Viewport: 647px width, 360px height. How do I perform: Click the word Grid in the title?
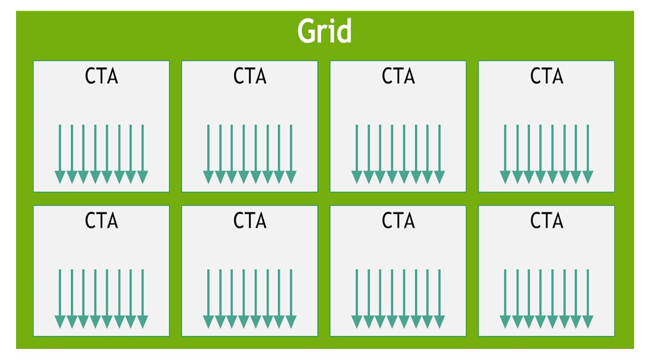click(x=324, y=31)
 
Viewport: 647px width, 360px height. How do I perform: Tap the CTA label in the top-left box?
click(x=101, y=76)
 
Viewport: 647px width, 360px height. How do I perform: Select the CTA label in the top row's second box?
click(x=250, y=76)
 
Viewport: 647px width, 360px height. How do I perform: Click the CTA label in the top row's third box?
click(x=398, y=76)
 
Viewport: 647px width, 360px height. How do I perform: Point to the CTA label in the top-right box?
click(x=547, y=76)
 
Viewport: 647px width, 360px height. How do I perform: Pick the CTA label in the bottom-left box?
click(x=101, y=220)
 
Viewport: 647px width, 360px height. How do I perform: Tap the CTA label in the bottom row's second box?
click(x=250, y=220)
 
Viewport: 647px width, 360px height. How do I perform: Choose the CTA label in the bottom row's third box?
click(x=398, y=220)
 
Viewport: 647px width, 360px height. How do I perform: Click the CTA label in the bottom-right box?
click(x=547, y=220)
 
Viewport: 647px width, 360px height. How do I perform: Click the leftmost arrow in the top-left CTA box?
click(x=60, y=154)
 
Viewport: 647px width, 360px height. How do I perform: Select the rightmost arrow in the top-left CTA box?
click(x=143, y=154)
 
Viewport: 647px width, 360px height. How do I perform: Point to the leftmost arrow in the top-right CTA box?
click(x=505, y=154)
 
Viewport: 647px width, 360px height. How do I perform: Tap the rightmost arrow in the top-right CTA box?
click(x=588, y=154)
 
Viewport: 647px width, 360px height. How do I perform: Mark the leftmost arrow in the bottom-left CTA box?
click(x=60, y=299)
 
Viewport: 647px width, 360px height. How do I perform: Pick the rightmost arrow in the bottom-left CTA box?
click(x=143, y=299)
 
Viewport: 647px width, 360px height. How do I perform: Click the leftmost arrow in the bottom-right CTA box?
click(x=505, y=299)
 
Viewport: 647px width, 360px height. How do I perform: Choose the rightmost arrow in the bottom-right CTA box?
click(x=588, y=299)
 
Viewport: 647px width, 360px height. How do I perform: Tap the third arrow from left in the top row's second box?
click(x=232, y=154)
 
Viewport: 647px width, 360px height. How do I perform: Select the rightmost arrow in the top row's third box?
click(x=440, y=154)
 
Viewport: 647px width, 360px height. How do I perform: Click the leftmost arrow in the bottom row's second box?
click(x=209, y=299)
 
